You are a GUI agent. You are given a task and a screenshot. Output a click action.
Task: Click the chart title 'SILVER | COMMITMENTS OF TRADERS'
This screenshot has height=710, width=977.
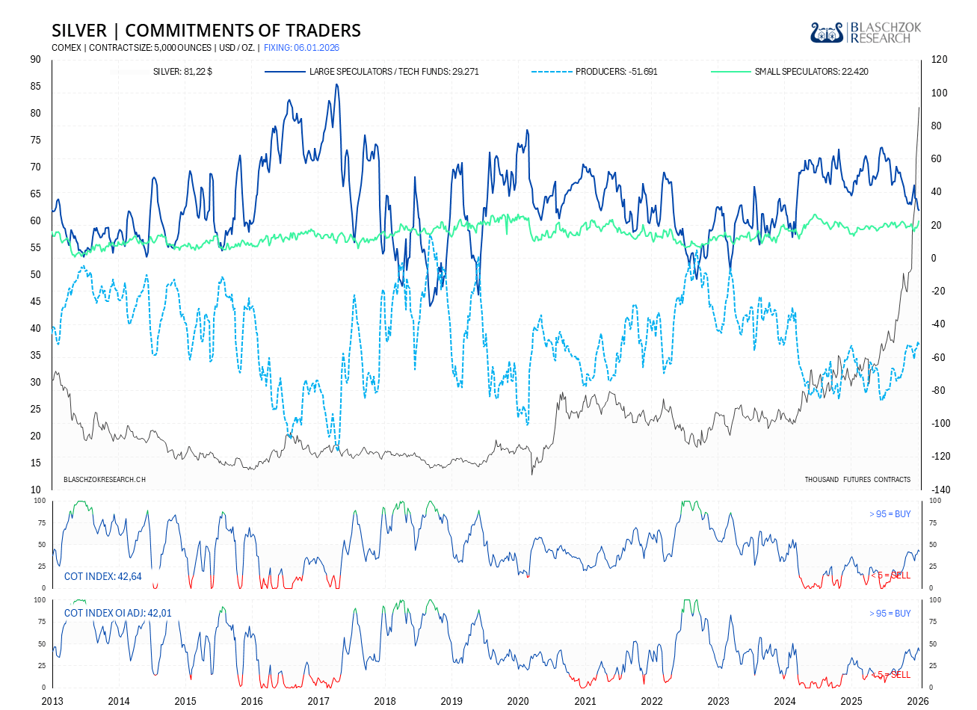tap(206, 31)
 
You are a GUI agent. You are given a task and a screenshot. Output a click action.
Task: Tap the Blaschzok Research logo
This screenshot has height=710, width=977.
tap(866, 32)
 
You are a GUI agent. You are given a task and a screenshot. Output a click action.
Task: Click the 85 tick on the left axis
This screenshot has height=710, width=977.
tap(36, 87)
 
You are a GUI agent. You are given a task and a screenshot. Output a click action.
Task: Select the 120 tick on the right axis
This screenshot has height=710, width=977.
tap(938, 60)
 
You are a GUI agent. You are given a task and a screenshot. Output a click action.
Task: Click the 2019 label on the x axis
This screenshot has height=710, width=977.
tap(451, 701)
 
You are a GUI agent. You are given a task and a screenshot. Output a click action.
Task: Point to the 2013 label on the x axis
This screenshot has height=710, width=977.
tap(52, 701)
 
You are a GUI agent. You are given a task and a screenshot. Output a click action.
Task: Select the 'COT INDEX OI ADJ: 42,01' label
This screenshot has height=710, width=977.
tap(117, 613)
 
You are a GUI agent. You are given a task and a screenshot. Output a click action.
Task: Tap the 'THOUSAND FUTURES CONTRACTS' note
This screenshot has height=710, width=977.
tap(857, 479)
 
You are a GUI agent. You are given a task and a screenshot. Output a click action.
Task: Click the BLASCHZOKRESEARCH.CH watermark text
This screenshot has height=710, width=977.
tap(105, 479)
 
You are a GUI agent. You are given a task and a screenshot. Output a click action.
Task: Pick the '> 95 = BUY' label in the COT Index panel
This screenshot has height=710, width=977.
tap(890, 514)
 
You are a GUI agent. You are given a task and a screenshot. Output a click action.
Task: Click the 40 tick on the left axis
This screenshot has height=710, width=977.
tap(36, 328)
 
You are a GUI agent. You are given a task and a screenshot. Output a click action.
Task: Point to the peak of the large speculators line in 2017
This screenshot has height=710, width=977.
tap(336, 84)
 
